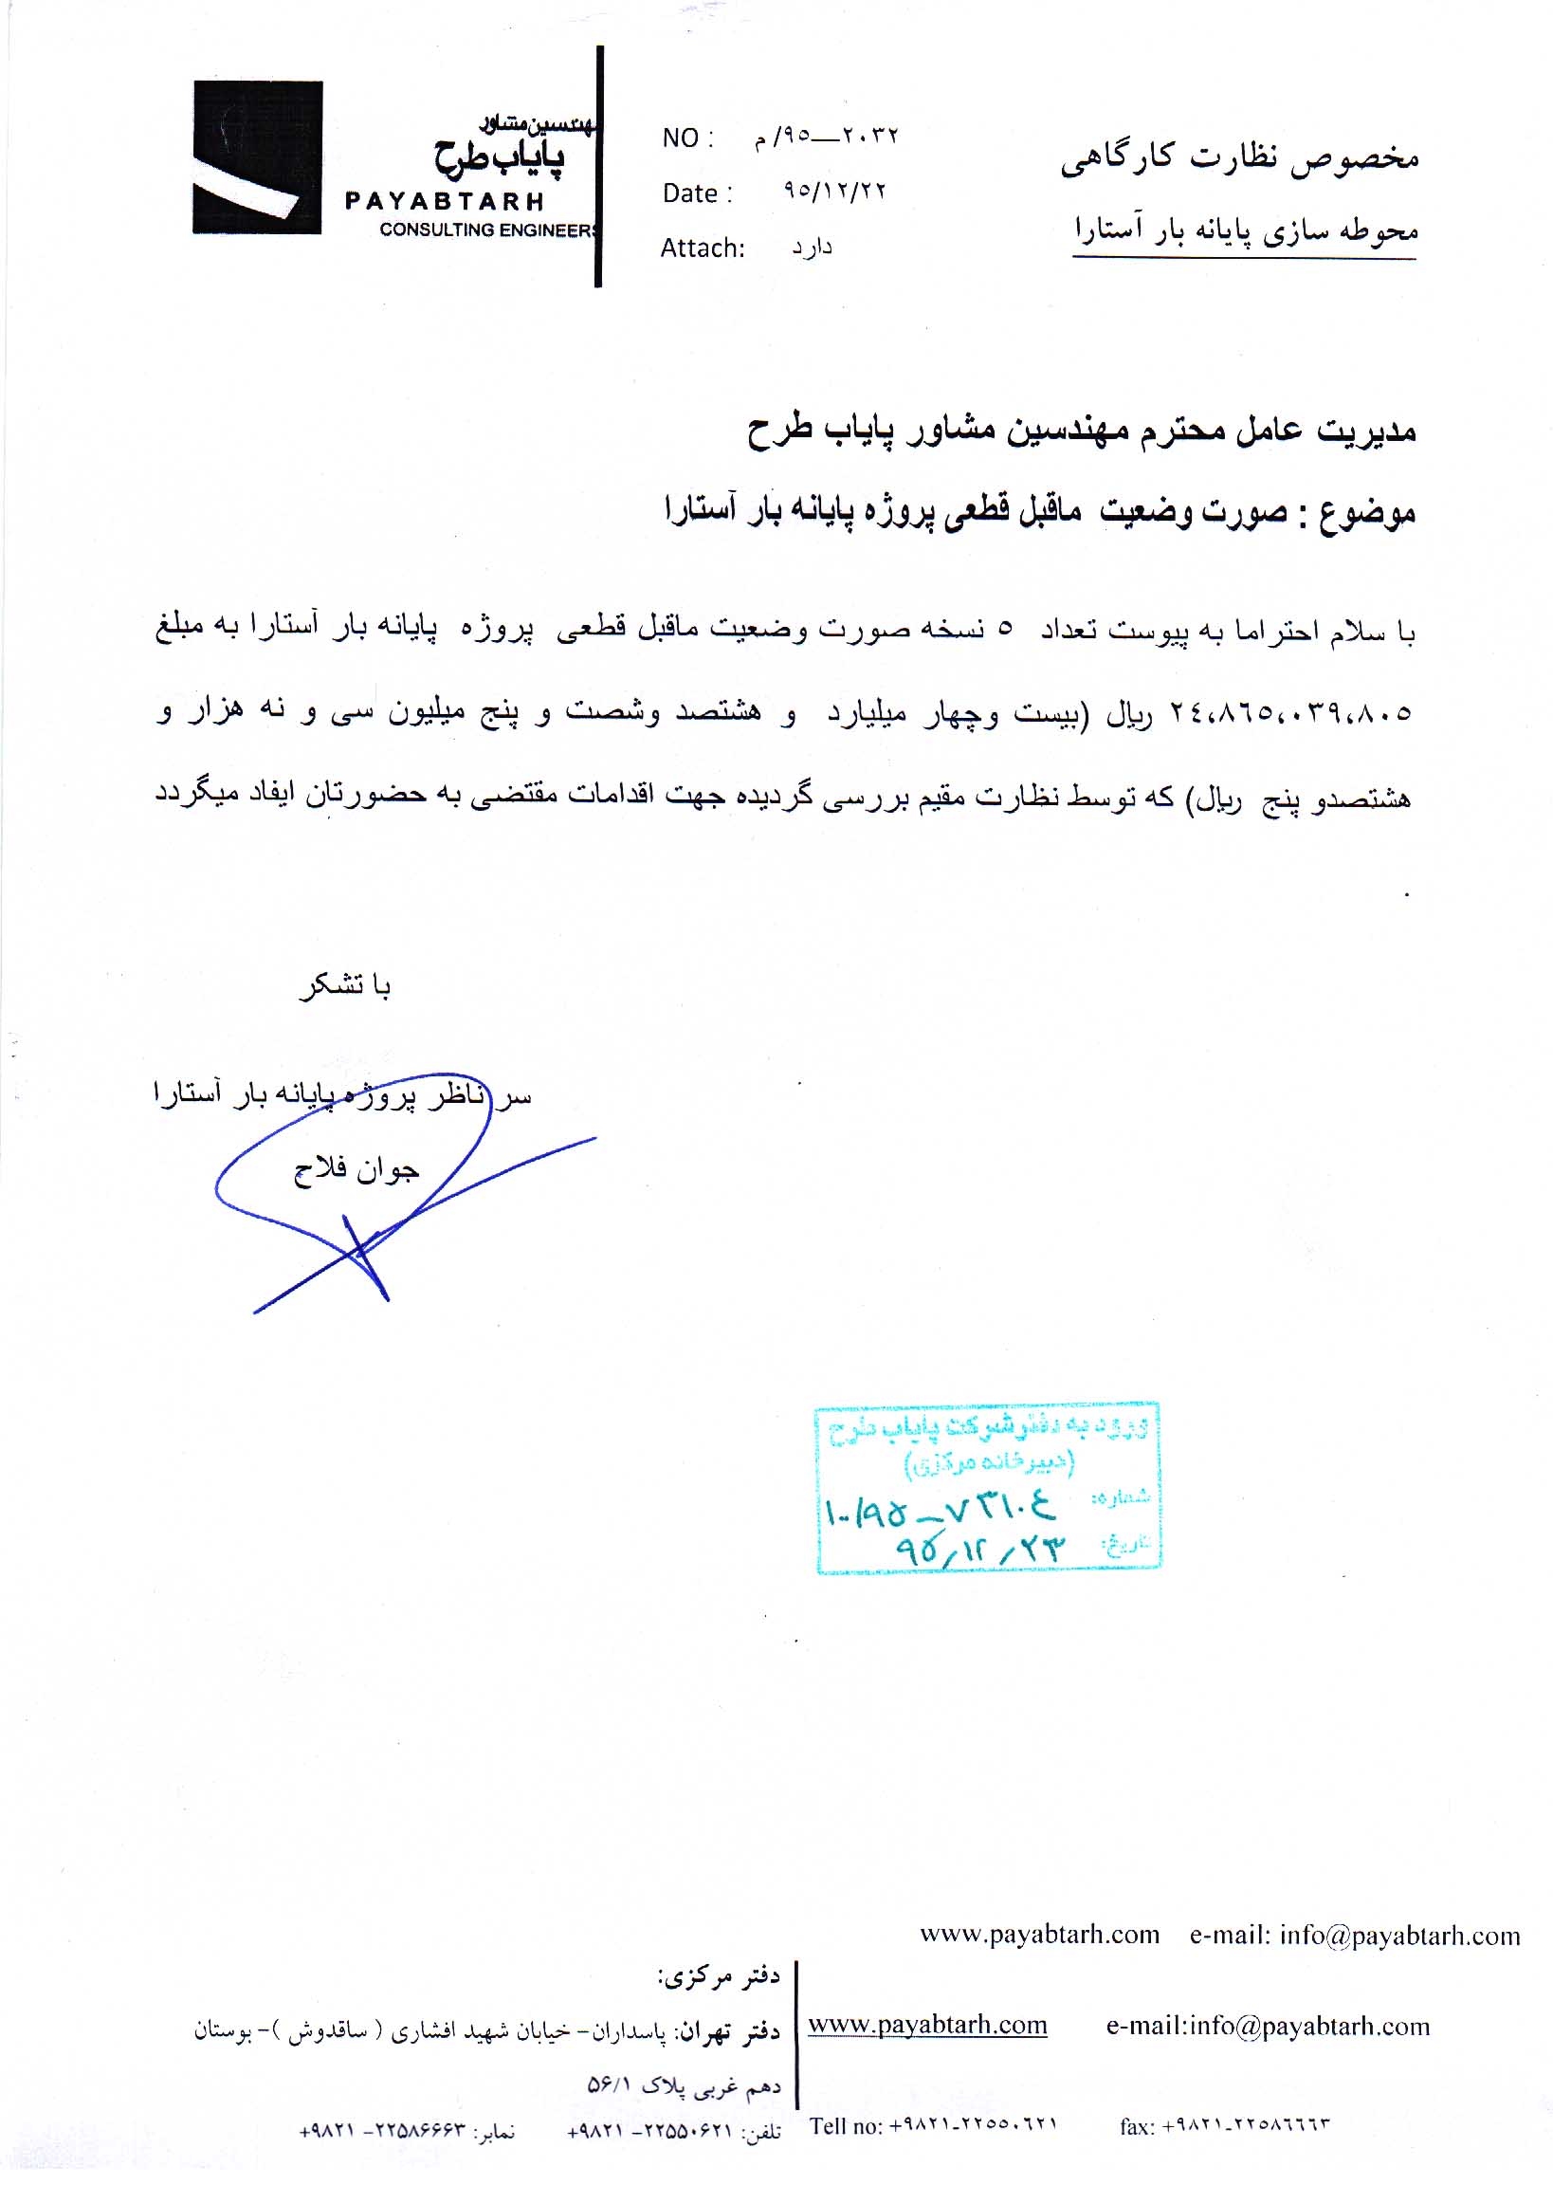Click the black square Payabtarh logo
coord(257,157)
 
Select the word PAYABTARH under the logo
coord(444,201)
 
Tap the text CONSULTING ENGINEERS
coord(488,230)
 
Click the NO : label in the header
coord(686,138)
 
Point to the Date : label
coord(697,193)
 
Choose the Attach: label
coord(703,248)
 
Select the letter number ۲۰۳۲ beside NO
coord(869,137)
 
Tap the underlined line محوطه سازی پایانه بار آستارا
coord(1245,231)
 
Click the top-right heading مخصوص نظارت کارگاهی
coord(1239,158)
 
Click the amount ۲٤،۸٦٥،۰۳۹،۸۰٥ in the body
coord(1289,713)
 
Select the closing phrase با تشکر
coord(344,985)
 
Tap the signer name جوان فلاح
coord(356,1169)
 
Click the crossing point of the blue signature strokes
coord(360,1250)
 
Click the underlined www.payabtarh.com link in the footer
coord(926,2026)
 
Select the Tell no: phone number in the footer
coord(932,2126)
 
